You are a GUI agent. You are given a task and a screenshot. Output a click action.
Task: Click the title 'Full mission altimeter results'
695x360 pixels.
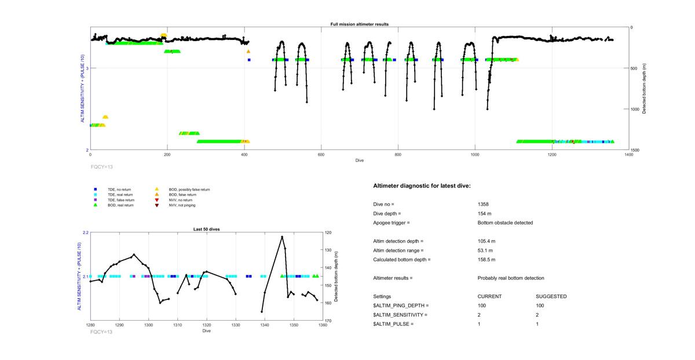359,24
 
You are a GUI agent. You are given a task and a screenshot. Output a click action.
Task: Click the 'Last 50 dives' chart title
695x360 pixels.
206,229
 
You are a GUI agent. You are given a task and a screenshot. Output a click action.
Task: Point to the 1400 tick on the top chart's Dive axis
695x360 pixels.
628,155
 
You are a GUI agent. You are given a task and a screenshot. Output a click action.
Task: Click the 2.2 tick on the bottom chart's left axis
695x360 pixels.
85,233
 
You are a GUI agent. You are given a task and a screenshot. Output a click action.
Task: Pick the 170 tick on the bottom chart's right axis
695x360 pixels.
328,321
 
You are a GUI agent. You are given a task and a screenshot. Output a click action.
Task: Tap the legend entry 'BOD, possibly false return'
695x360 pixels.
189,189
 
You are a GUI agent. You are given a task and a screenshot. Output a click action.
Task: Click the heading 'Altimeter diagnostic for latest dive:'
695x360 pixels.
422,186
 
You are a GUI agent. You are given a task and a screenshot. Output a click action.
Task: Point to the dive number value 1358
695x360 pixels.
483,204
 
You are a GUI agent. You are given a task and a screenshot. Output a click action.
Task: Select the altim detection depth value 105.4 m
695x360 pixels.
487,241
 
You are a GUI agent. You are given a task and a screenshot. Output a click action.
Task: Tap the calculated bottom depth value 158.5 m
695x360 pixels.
487,259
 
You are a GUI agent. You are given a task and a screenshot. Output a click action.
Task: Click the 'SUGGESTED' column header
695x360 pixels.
551,296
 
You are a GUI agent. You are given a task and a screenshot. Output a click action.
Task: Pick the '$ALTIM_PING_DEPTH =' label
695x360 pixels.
401,305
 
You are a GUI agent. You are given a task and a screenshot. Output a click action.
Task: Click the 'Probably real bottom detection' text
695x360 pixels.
511,278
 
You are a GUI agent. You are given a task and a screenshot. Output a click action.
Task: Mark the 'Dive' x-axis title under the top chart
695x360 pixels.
359,160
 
